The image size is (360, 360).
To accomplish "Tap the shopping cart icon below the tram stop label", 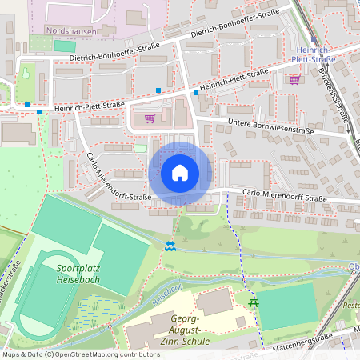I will point(294,78).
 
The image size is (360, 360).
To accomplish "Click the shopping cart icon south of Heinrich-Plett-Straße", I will point(149,118).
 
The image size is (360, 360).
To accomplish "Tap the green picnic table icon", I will point(254,302).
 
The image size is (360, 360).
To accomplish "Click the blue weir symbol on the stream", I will point(169,246).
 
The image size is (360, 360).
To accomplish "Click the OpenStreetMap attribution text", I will point(70,354).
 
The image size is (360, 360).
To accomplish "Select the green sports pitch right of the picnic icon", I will point(288,306).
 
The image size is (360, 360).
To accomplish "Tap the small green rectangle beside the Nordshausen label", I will point(63,46).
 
